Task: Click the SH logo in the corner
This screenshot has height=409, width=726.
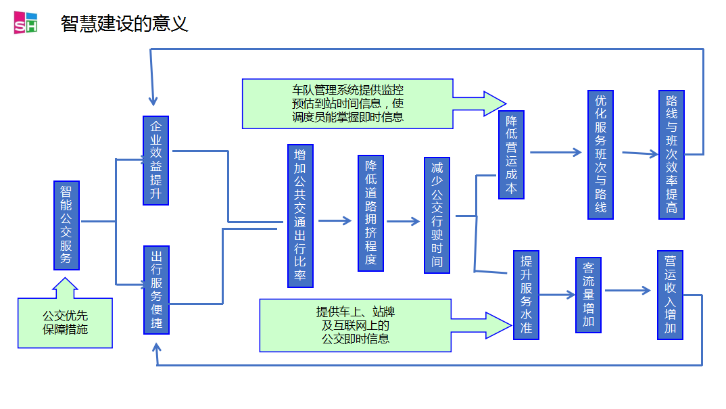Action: click(26, 23)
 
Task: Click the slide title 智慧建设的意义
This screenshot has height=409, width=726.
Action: click(124, 24)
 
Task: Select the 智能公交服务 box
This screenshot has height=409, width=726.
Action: click(66, 225)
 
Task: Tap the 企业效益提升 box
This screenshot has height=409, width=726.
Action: click(156, 160)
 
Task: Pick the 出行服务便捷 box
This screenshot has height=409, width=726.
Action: click(156, 290)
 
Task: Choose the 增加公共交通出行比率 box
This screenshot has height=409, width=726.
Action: click(300, 216)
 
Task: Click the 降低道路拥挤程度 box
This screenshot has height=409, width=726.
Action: click(370, 214)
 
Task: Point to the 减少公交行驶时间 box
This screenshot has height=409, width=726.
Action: click(437, 215)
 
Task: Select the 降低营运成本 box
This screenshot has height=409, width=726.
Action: click(511, 155)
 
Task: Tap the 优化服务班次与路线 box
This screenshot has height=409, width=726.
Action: click(600, 155)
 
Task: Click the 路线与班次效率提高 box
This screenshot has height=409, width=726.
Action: click(671, 155)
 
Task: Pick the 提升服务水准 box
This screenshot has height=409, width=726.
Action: click(527, 295)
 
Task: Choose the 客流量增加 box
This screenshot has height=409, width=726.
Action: click(588, 295)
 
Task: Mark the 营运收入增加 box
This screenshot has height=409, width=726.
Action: click(670, 295)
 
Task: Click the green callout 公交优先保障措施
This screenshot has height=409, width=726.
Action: click(65, 322)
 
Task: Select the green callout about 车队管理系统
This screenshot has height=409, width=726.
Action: click(348, 103)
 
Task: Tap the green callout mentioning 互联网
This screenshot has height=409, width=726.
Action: click(356, 326)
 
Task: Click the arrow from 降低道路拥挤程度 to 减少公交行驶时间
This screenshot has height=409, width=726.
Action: click(404, 221)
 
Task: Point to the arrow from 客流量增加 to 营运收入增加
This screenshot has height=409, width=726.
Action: click(628, 291)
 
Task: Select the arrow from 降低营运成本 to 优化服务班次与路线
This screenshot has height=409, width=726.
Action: click(556, 152)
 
